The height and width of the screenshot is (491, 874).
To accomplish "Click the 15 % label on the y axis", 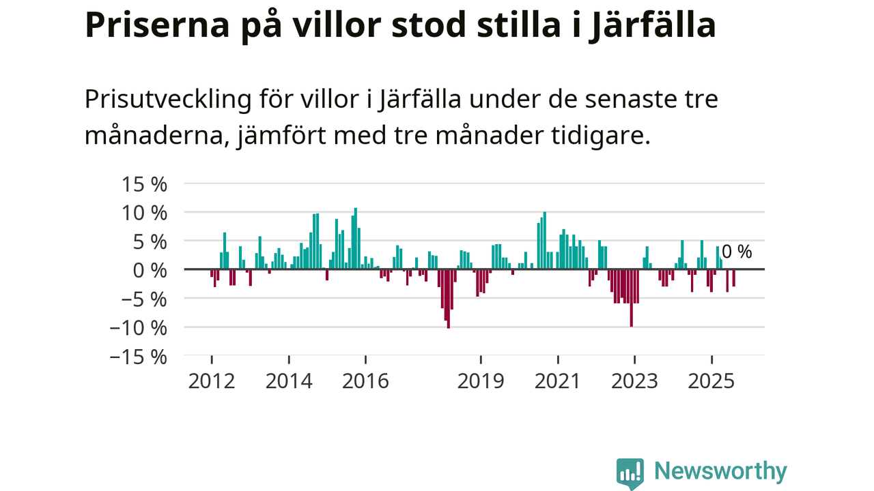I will pyautogui.click(x=144, y=184).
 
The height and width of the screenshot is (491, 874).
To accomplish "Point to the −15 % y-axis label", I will pyautogui.click(x=139, y=357).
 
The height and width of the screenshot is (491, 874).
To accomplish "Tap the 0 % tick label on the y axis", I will pyautogui.click(x=148, y=270).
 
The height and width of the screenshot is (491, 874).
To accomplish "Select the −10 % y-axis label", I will pyautogui.click(x=139, y=328).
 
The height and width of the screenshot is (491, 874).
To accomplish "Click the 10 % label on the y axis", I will pyautogui.click(x=144, y=213).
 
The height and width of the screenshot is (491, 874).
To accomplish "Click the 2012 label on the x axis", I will pyautogui.click(x=212, y=381).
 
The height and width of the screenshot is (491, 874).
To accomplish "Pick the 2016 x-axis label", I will pyautogui.click(x=365, y=381).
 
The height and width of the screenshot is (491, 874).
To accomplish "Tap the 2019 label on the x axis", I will pyautogui.click(x=481, y=381).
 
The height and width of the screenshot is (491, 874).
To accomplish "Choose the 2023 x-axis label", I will pyautogui.click(x=634, y=381).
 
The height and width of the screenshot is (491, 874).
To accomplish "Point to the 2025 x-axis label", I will pyautogui.click(x=711, y=381).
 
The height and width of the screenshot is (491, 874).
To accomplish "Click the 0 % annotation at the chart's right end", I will pyautogui.click(x=737, y=252).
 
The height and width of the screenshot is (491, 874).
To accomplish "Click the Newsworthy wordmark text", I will pyautogui.click(x=720, y=471).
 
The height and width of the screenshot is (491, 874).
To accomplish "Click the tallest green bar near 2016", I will pyautogui.click(x=356, y=239).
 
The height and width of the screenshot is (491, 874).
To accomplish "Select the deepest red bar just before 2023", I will pyautogui.click(x=631, y=298).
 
